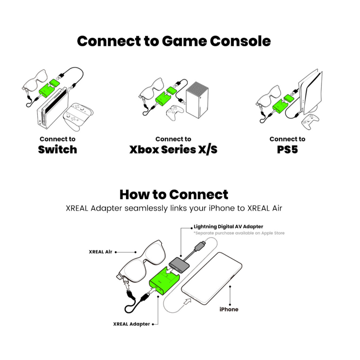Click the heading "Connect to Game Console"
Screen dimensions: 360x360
coord(174,41)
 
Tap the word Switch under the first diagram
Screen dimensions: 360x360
coord(57,149)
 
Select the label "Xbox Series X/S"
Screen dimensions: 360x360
coord(173,150)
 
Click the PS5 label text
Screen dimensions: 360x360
coord(288,150)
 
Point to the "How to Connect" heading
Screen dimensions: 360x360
coord(174,194)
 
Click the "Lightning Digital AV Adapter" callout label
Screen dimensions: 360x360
coord(229,227)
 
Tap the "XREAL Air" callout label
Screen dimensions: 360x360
coord(101,252)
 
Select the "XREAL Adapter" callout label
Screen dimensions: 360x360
coord(131,324)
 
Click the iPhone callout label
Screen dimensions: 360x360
coord(229,309)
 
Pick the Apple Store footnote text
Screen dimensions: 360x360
coord(239,233)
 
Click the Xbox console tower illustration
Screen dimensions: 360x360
coord(197,100)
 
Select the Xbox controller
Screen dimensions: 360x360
coord(175,112)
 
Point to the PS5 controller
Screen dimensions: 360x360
coord(310,122)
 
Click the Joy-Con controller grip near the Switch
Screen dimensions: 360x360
coord(78,116)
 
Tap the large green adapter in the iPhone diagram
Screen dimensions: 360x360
coord(164,281)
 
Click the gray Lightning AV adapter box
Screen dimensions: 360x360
coord(179,265)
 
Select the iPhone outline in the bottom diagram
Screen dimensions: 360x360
coord(211,279)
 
